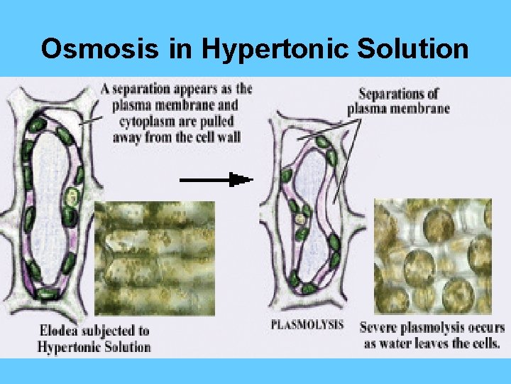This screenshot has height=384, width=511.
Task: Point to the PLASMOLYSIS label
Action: coord(307,326)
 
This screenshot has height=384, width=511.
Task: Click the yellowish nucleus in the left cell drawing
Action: coord(71,197)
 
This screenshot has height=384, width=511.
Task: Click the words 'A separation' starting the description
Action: coord(138,90)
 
